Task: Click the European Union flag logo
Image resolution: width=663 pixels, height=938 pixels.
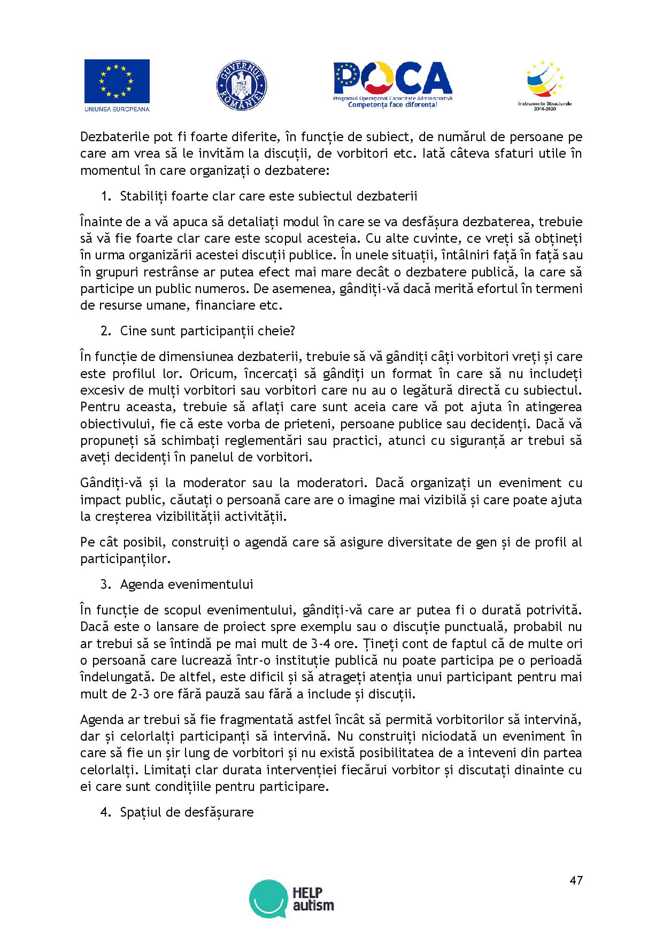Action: pos(117,81)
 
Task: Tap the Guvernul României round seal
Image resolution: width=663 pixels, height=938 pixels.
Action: pos(242,86)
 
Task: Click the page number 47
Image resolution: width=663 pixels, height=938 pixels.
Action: pos(576,881)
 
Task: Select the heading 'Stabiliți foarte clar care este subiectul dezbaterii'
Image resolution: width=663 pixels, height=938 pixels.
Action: pos(268,196)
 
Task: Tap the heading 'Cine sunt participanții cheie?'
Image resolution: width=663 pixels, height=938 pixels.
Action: pos(207,330)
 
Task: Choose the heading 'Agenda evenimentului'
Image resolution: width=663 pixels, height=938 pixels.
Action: pos(187,584)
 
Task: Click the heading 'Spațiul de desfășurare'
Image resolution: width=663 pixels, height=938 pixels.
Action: pos(187,812)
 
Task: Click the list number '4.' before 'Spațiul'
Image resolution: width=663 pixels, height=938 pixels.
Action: pos(105,812)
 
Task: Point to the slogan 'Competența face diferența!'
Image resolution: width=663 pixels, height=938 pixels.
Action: pos(392,105)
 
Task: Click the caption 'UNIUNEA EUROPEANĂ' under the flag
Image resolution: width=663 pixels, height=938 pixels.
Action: pos(117,109)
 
